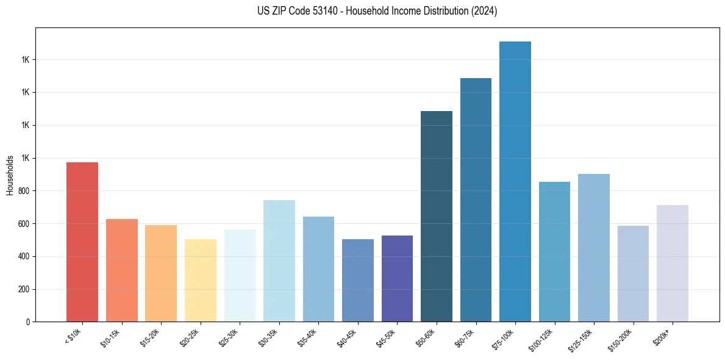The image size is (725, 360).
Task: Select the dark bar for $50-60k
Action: (x=436, y=216)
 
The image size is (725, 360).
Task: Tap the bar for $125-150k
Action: (x=593, y=248)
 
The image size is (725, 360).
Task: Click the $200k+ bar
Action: (x=672, y=263)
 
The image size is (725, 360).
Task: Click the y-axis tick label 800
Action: (x=24, y=191)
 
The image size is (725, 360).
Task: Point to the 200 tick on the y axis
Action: (x=24, y=289)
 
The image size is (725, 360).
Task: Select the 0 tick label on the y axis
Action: (x=28, y=322)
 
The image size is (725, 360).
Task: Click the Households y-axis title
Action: (x=10, y=175)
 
